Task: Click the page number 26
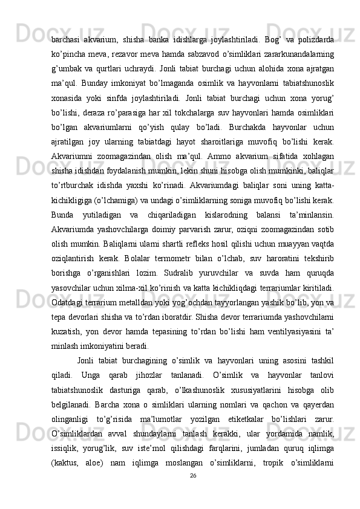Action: point(192,475)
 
